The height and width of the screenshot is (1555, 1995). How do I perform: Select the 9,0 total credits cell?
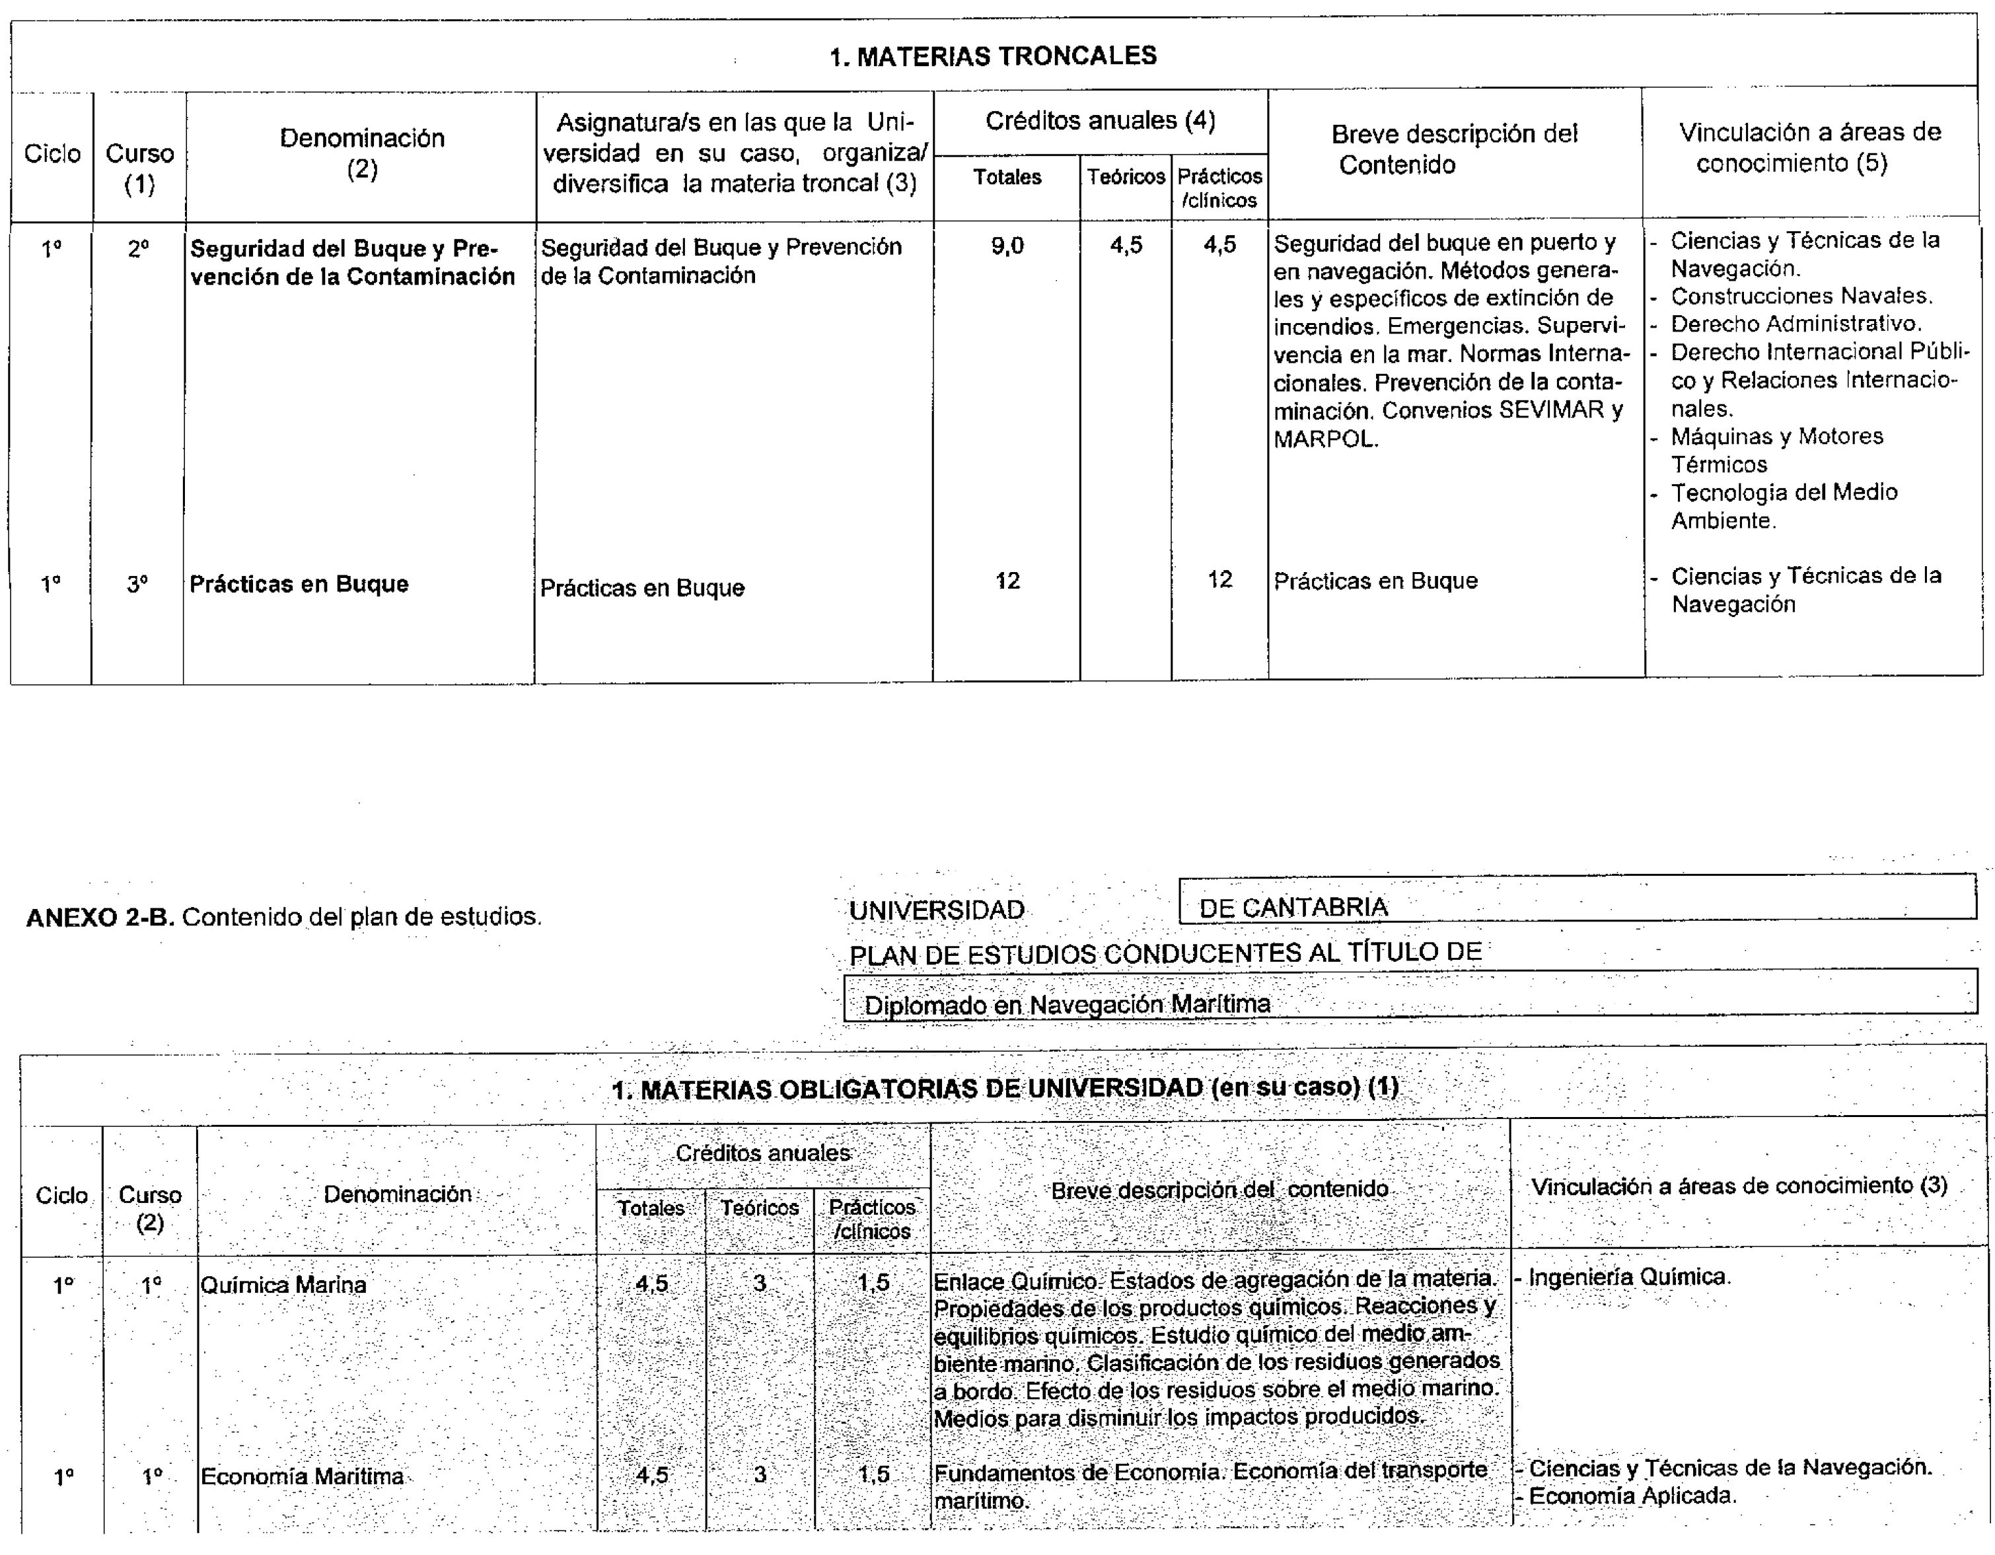click(x=1007, y=246)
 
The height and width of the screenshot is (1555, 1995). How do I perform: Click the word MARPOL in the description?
click(x=1325, y=439)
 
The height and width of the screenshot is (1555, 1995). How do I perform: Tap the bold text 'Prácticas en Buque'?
click(x=299, y=585)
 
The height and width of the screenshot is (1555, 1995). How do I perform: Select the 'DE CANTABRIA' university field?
click(x=1293, y=907)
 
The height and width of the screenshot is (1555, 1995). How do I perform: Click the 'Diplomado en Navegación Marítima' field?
click(x=1067, y=1005)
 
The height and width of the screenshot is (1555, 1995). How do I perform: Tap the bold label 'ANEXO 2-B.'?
click(x=100, y=918)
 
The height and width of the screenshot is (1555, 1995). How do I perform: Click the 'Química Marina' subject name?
click(x=283, y=1285)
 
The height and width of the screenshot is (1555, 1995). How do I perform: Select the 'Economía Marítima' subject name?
click(x=303, y=1477)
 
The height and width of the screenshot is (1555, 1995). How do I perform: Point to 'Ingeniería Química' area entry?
click(x=1629, y=1278)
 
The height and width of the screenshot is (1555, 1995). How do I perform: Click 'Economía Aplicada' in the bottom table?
click(x=1632, y=1496)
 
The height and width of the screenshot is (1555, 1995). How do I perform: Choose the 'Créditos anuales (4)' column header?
click(x=1100, y=122)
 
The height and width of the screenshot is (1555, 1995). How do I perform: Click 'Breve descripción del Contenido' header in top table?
click(x=1453, y=149)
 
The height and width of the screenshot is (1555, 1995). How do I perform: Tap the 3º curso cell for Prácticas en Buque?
click(x=137, y=585)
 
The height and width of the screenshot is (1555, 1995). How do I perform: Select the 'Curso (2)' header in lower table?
click(x=150, y=1209)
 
